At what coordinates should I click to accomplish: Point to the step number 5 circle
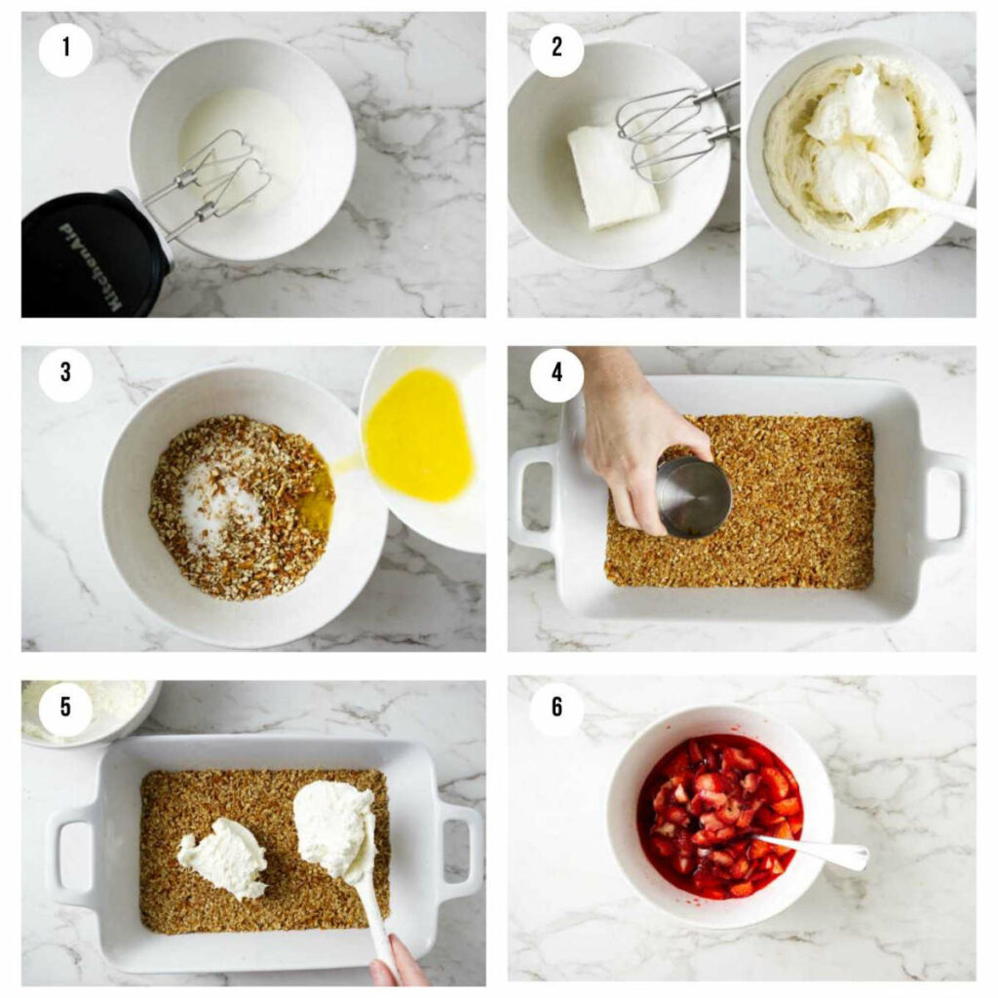coord(65,706)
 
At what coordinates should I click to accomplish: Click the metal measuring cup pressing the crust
coord(693,496)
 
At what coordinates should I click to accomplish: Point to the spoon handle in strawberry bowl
coord(824,851)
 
